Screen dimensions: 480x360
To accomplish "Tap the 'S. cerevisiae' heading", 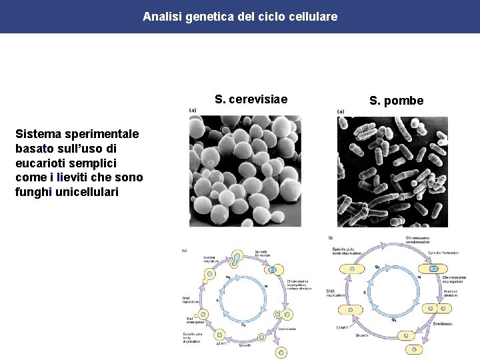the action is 251,100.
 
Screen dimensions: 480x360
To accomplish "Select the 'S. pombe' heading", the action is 396,101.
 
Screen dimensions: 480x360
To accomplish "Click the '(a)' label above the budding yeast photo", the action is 193,111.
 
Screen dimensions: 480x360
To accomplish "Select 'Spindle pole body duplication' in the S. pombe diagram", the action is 346,251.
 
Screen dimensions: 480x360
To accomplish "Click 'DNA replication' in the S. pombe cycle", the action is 335,293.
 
